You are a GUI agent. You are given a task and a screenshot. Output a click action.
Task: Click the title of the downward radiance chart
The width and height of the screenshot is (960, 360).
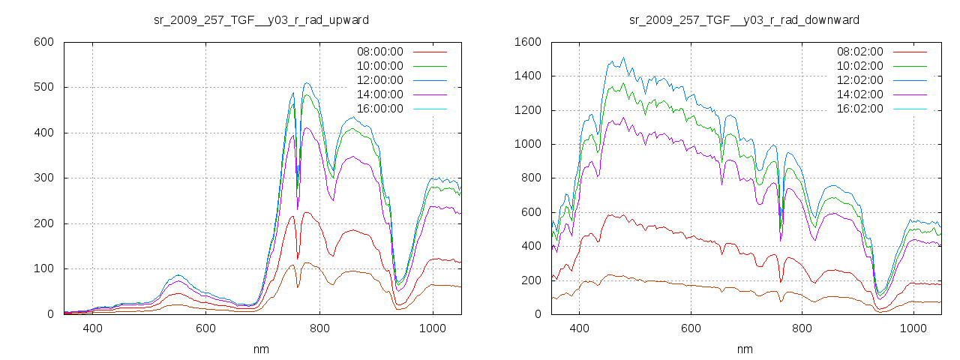[744, 19]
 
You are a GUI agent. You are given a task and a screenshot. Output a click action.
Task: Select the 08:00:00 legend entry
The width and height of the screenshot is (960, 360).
[379, 52]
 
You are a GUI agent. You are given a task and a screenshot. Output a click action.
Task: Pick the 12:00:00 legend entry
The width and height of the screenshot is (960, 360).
[379, 80]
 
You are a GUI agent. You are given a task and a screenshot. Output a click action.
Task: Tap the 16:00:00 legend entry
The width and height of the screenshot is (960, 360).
[379, 109]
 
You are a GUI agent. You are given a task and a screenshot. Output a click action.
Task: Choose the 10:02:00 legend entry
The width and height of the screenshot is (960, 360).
[859, 66]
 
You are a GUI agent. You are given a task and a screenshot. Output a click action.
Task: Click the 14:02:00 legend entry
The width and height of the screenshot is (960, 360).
[859, 94]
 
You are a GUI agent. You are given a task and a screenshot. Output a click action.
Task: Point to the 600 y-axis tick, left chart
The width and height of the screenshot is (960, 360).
[43, 42]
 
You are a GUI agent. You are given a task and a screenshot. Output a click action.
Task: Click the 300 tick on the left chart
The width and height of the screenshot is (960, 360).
[43, 178]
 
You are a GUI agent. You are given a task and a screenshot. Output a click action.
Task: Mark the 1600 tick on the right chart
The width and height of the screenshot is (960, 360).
[526, 42]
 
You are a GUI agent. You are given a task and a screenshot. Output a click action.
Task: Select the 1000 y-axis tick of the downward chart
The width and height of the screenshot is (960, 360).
[526, 144]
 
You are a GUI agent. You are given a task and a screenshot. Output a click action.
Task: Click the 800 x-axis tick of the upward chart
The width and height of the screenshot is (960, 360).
[319, 328]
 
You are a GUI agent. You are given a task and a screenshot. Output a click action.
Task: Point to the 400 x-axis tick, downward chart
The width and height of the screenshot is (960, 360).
[578, 328]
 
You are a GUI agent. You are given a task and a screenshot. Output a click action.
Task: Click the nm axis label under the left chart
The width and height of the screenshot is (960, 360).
[261, 349]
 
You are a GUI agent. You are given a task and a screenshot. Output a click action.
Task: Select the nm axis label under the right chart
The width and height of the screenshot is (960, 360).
[744, 349]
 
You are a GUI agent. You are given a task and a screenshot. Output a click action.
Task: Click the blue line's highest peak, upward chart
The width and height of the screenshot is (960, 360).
[307, 83]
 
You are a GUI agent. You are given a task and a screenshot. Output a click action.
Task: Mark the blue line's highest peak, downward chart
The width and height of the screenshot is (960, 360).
[623, 58]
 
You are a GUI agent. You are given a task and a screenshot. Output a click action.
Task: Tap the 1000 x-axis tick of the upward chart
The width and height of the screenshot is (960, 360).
[432, 328]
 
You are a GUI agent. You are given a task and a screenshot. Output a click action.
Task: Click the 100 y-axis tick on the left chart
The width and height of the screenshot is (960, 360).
[43, 268]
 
